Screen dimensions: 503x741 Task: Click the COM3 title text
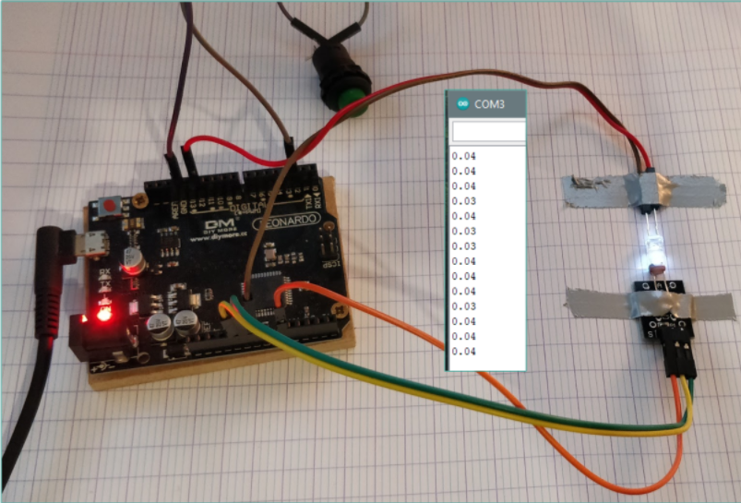(x=490, y=104)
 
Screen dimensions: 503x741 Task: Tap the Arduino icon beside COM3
(x=461, y=104)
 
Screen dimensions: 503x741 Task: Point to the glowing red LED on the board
(x=102, y=316)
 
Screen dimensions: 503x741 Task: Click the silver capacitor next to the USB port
(x=135, y=257)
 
